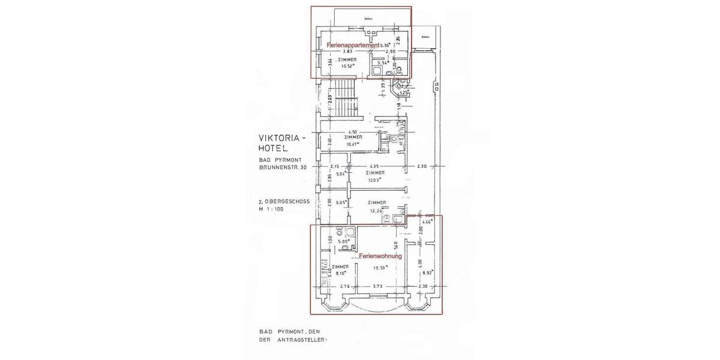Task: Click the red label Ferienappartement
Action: pos(353,46)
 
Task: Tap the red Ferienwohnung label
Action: pos(380,256)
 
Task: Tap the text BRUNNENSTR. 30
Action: pos(284,169)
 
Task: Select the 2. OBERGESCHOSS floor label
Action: pos(284,202)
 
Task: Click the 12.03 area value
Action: pos(375,180)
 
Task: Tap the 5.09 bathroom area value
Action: pos(343,243)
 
